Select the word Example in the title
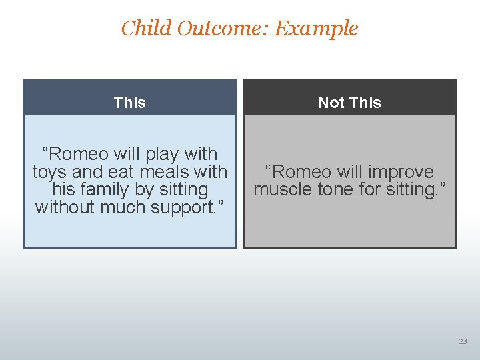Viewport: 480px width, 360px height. pyautogui.click(x=316, y=29)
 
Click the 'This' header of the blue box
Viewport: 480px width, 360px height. pyautogui.click(x=129, y=103)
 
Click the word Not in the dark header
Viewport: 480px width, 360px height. pyautogui.click(x=331, y=103)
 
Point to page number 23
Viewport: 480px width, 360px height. pyautogui.click(x=463, y=341)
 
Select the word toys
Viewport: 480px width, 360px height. pyautogui.click(x=49, y=172)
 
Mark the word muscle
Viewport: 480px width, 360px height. pyautogui.click(x=282, y=190)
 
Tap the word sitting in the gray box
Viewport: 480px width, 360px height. pyautogui.click(x=415, y=190)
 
